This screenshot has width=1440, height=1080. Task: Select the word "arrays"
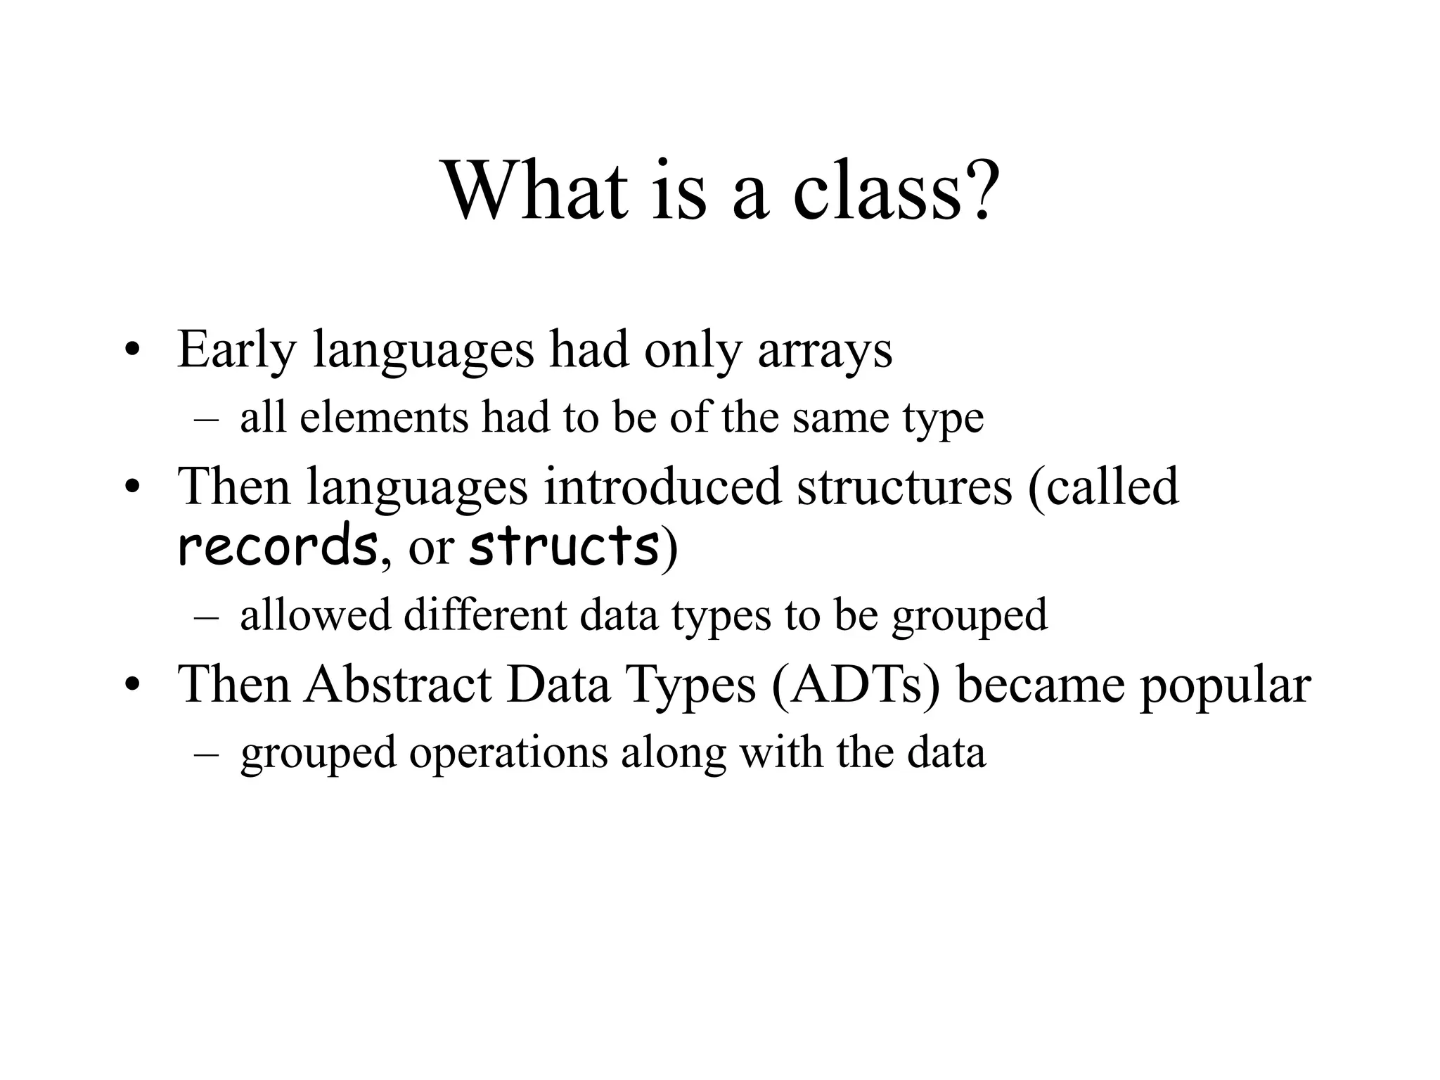pyautogui.click(x=825, y=349)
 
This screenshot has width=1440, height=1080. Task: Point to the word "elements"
pyautogui.click(x=384, y=417)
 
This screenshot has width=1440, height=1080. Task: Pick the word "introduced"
pyautogui.click(x=662, y=486)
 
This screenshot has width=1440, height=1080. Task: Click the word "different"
pyautogui.click(x=484, y=615)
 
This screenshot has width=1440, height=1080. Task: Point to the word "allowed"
pyautogui.click(x=315, y=615)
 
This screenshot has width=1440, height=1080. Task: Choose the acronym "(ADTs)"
pyautogui.click(x=855, y=683)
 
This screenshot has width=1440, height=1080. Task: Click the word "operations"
pyautogui.click(x=508, y=752)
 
